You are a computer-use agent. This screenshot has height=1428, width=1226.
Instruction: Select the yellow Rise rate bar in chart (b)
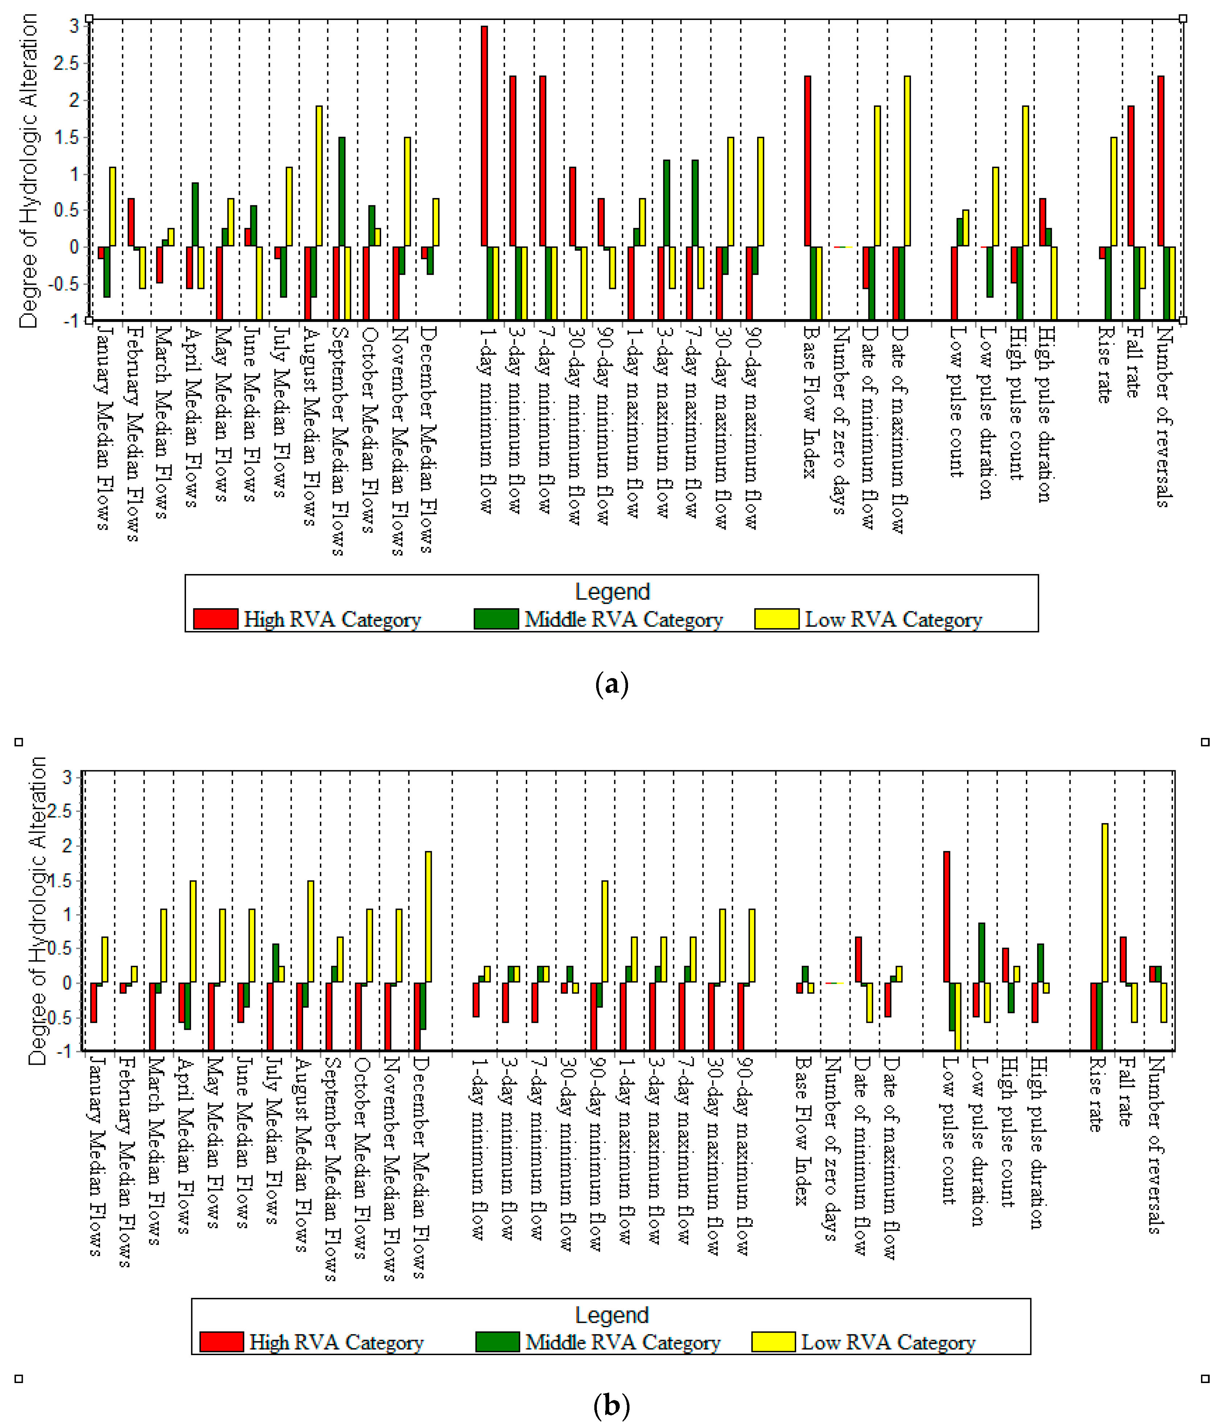coord(1105,903)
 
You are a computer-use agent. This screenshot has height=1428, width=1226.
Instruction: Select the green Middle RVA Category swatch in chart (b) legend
coord(497,1342)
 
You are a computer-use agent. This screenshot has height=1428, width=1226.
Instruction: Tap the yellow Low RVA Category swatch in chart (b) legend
coord(773,1342)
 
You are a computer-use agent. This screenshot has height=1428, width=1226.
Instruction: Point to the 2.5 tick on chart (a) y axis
coord(66,63)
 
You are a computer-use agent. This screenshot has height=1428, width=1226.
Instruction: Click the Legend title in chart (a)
coord(612,591)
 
